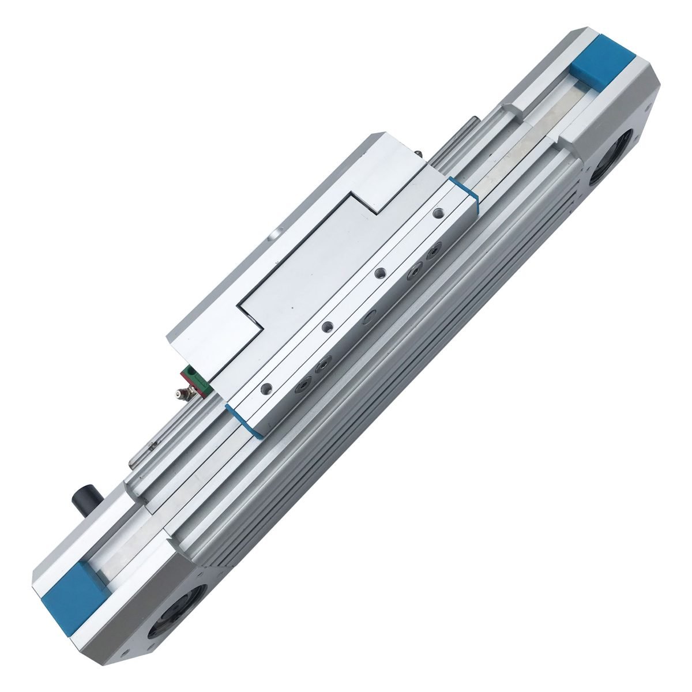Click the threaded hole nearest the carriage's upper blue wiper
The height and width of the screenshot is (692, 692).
pyautogui.click(x=439, y=212)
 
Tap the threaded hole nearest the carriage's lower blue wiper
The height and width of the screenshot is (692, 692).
pyautogui.click(x=265, y=386)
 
